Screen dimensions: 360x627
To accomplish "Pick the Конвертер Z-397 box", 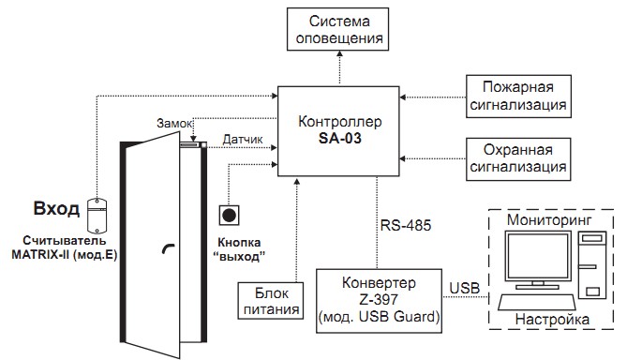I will (381, 298).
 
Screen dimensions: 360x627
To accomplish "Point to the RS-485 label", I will (403, 225).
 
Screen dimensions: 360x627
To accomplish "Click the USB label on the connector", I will (467, 285).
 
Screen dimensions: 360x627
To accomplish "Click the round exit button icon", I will (229, 214).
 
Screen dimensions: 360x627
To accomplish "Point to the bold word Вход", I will (56, 208).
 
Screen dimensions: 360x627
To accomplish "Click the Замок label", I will (175, 123).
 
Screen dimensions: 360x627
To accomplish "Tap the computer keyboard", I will (535, 302).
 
